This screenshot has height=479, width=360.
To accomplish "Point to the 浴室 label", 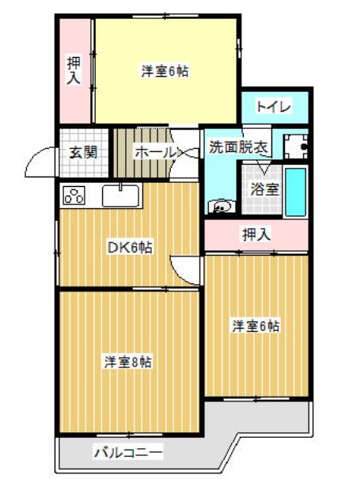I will coord(263,189).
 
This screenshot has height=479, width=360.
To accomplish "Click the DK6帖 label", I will coord(130,248).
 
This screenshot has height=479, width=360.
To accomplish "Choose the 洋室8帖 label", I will coord(128,362).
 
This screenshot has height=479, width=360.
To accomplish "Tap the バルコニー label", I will coord(127,454).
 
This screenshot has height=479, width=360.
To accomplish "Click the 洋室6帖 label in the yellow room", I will coord(165,71).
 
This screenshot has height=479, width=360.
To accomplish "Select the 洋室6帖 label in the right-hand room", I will coord(256,325).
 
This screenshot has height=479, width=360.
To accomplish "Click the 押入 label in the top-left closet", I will coord(74,71).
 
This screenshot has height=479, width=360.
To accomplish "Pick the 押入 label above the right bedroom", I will coord(255,234).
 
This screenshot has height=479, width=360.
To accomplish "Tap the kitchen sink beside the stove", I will coord(120,194).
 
